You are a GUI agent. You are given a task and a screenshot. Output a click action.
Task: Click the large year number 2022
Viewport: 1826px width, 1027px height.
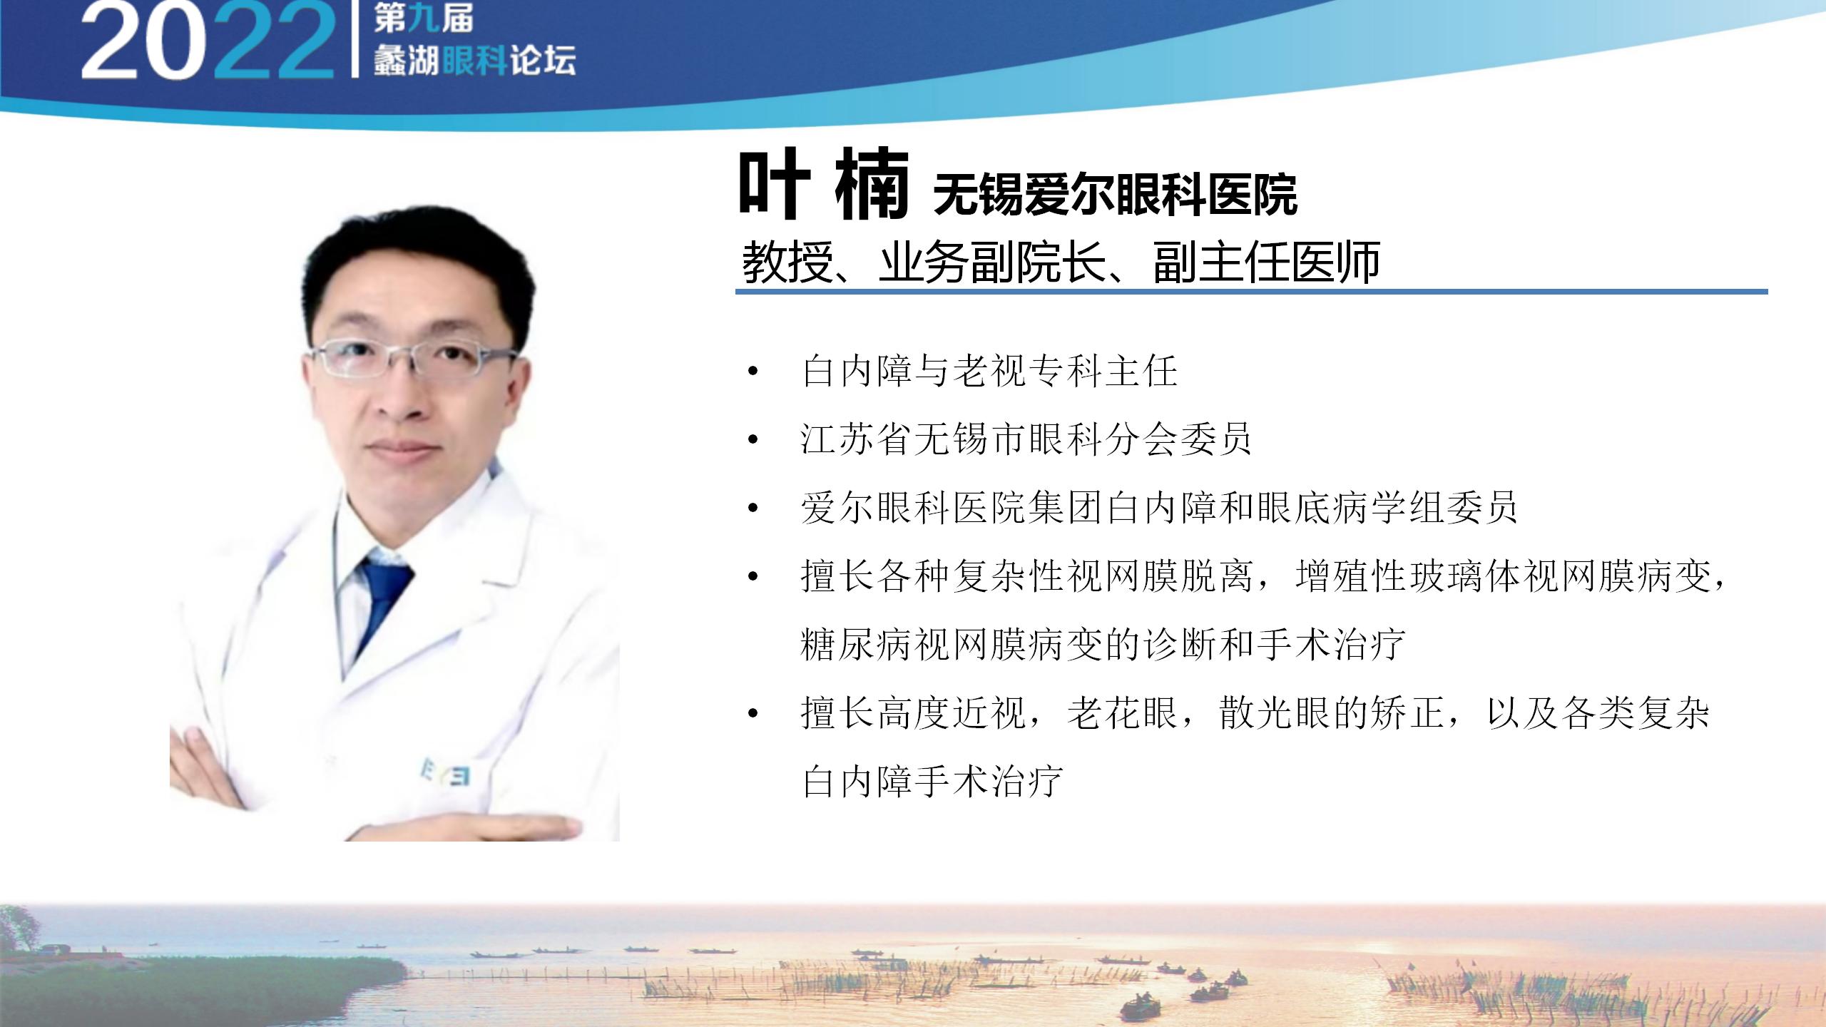207,41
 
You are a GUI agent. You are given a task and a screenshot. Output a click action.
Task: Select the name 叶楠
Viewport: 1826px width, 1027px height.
824,185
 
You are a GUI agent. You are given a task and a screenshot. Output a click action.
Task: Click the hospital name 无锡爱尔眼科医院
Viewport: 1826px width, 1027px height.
1115,194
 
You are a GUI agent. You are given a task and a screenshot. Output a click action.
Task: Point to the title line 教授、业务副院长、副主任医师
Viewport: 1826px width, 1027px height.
1061,262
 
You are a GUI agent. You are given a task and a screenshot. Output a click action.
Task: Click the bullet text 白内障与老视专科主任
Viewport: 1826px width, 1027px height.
989,372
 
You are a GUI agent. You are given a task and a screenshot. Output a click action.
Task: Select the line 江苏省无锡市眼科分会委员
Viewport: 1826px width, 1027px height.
1026,439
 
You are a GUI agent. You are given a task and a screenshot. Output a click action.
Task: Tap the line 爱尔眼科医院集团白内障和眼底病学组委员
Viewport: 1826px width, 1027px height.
1159,508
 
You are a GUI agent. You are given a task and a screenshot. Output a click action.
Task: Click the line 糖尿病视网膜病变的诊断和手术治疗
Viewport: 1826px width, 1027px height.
1103,644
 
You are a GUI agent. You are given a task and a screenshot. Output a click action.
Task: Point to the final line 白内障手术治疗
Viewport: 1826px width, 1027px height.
932,780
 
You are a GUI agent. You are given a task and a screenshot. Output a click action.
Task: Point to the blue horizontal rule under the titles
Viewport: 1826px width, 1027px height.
1251,292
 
